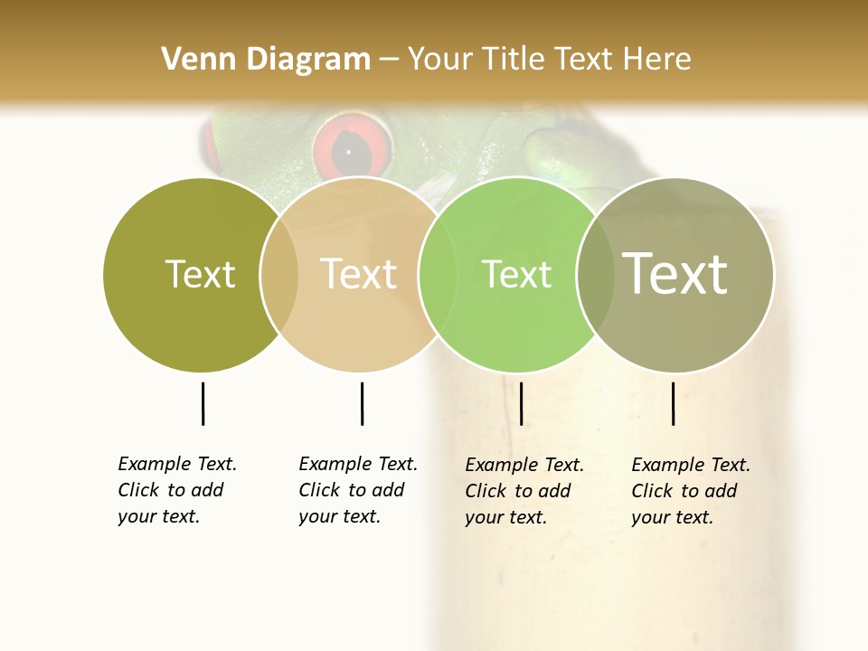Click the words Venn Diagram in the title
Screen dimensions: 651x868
click(266, 60)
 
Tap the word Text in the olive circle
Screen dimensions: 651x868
click(200, 274)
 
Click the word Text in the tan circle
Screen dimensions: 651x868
click(359, 274)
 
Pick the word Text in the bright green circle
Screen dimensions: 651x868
click(516, 274)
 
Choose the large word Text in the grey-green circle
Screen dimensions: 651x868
click(675, 274)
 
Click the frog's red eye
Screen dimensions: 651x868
click(353, 150)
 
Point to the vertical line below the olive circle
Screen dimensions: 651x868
click(203, 403)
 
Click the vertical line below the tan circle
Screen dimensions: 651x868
click(362, 403)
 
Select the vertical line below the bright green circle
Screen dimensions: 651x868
click(521, 403)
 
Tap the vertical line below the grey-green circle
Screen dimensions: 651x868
click(673, 403)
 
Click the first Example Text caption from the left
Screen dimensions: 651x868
click(176, 490)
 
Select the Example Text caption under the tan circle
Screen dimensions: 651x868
click(357, 490)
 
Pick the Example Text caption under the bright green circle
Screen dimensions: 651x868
click(524, 491)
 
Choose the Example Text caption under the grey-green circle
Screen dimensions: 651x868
click(690, 491)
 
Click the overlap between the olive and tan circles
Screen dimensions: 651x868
click(279, 274)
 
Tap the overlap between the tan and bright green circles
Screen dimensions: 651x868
click(438, 274)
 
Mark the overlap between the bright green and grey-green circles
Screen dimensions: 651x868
click(596, 274)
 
